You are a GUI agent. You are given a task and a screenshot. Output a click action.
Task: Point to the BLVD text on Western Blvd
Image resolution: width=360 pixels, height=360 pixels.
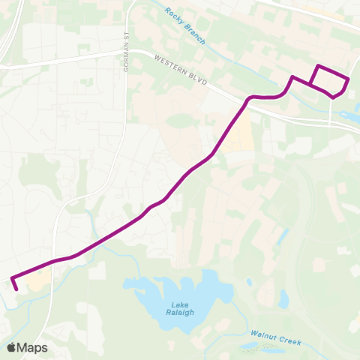pyautogui.click(x=199, y=76)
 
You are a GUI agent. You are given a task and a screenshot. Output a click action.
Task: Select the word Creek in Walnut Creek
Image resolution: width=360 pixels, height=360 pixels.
pyautogui.click(x=289, y=342)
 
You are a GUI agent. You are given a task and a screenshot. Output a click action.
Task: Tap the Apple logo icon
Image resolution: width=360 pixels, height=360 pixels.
pyautogui.click(x=11, y=347)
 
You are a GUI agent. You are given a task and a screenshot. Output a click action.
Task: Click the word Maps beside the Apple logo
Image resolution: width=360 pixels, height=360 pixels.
pyautogui.click(x=33, y=347)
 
